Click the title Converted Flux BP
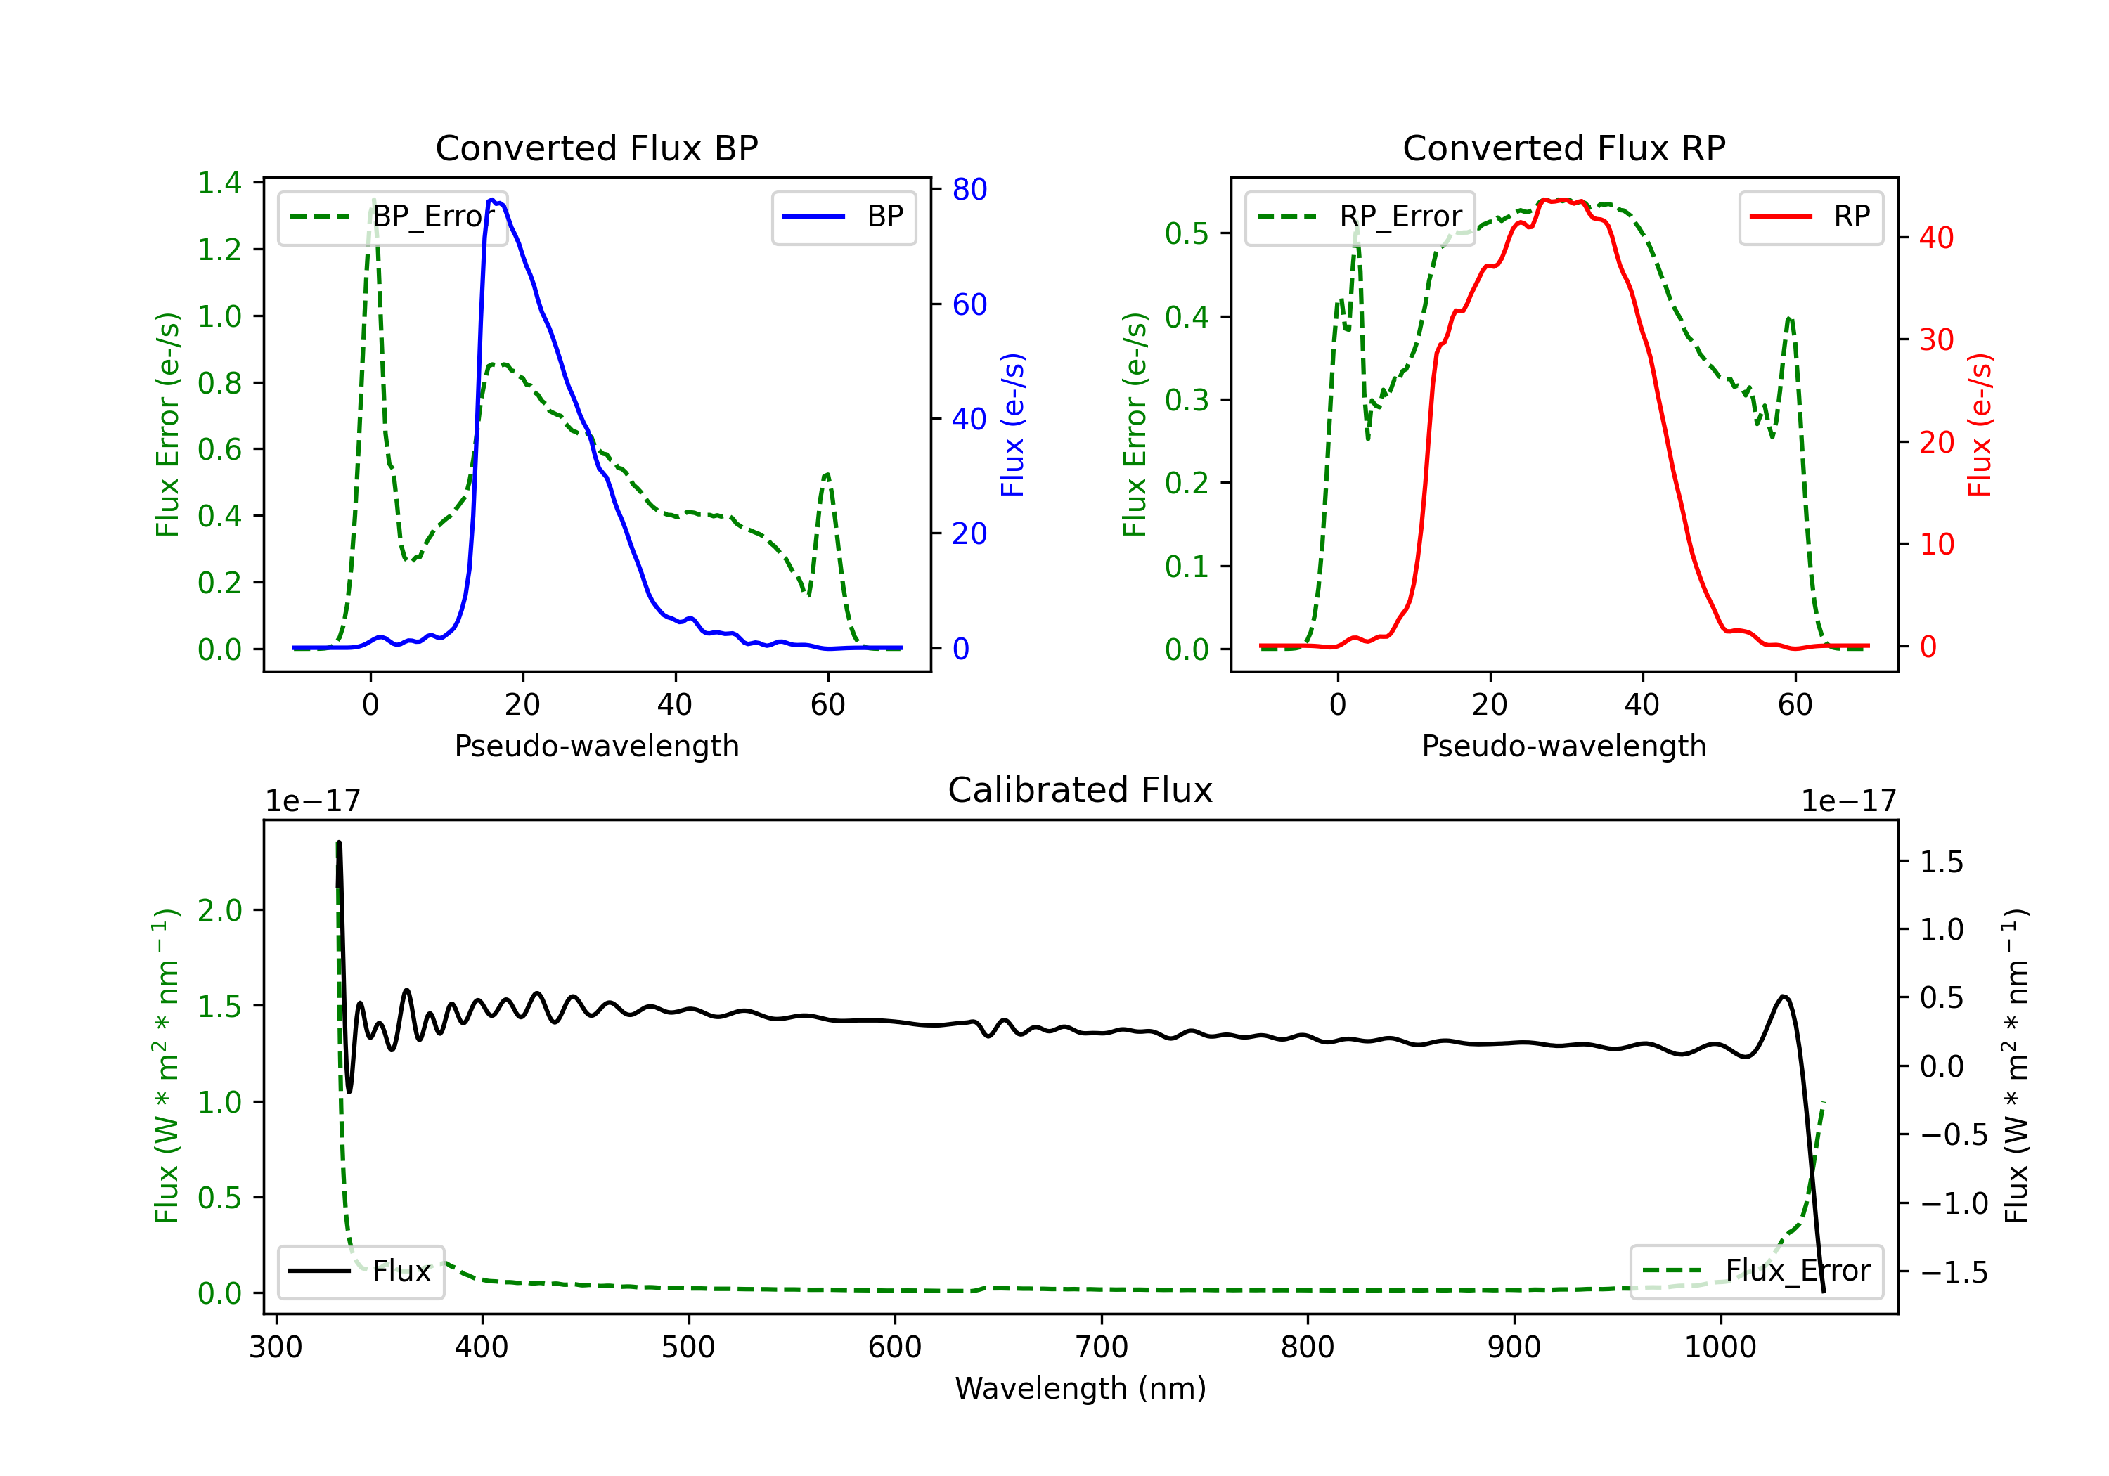point(597,148)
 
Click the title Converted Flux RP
point(1564,148)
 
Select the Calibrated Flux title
point(1081,790)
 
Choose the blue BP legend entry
point(843,216)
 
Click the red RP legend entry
point(1810,216)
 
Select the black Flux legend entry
point(360,1271)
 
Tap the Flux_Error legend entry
point(1756,1271)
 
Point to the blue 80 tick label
point(969,189)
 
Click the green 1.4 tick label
point(219,183)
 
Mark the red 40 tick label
point(1936,238)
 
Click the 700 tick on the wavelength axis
point(1102,1347)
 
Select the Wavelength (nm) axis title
point(1081,1388)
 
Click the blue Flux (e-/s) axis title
point(1012,425)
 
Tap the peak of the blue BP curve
point(492,200)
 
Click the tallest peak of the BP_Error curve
point(373,200)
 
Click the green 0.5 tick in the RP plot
point(1187,233)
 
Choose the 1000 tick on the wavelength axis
point(1720,1347)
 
